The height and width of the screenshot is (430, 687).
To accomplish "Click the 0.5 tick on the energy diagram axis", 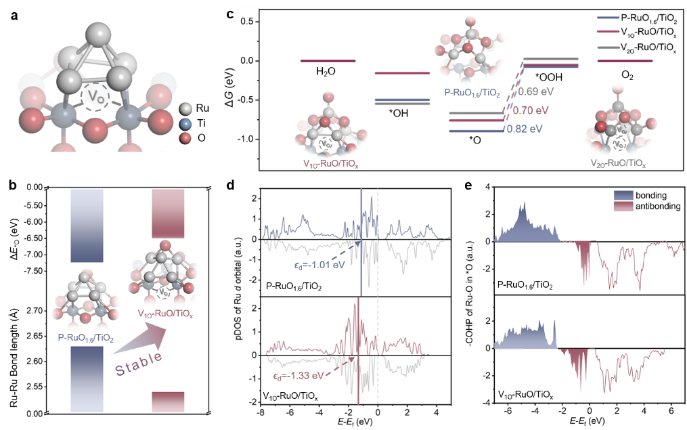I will tap(247, 22).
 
